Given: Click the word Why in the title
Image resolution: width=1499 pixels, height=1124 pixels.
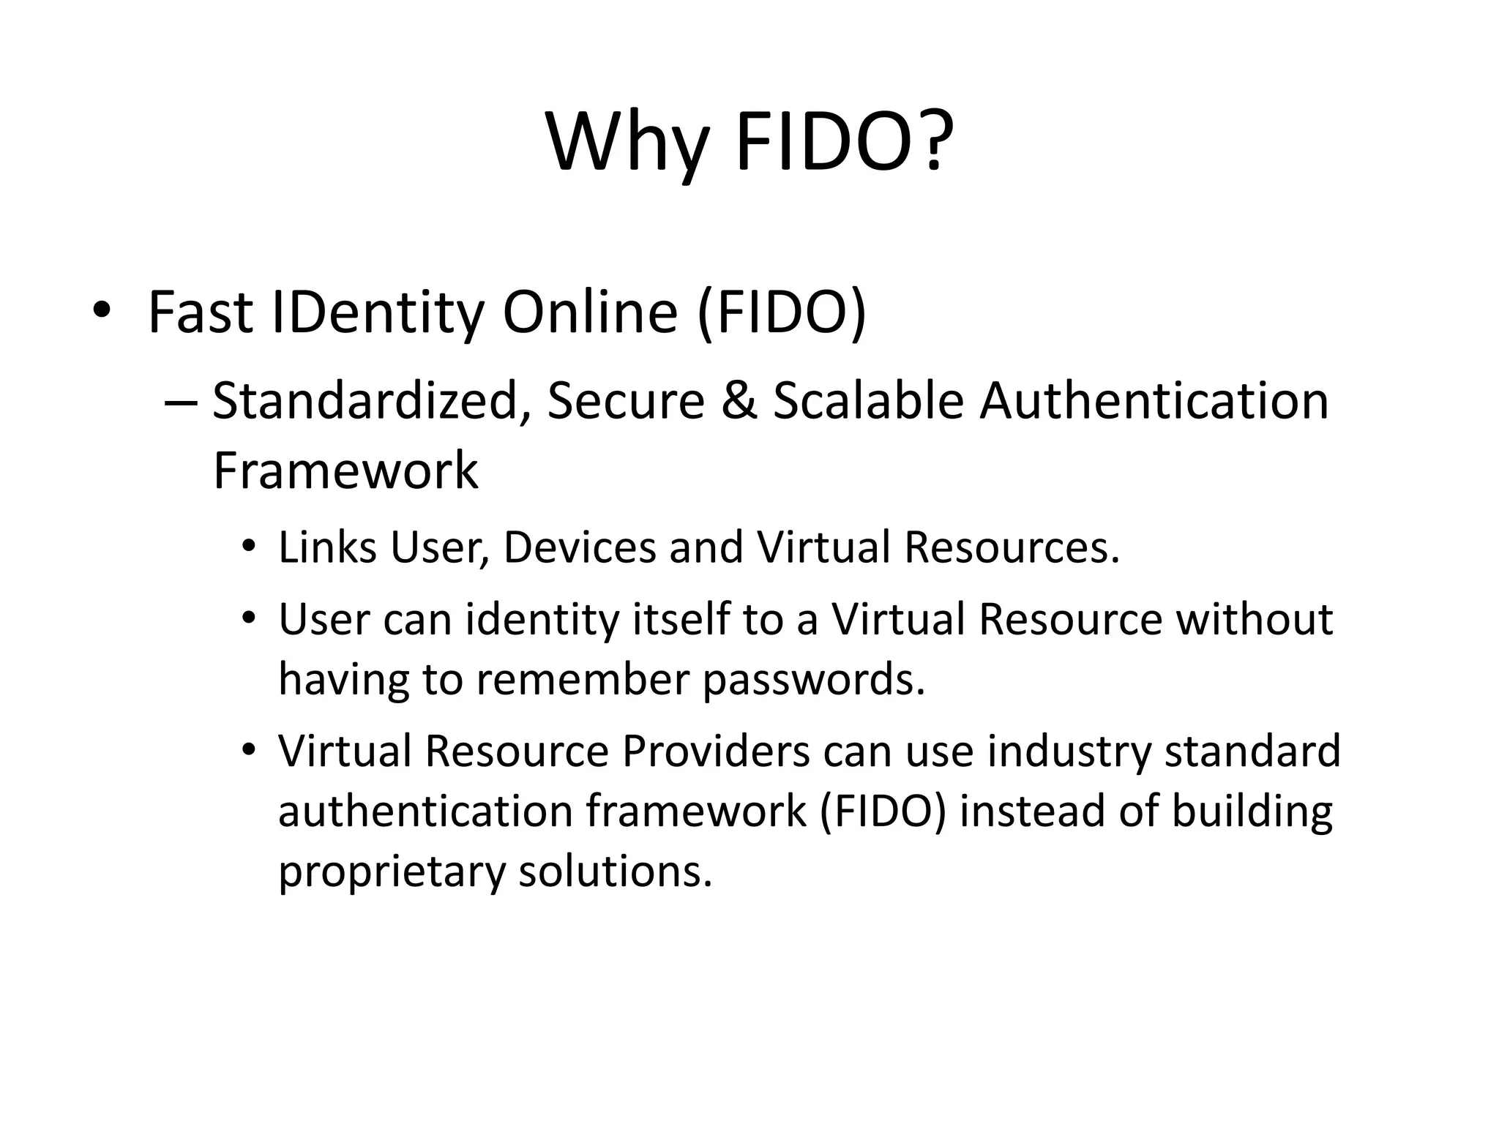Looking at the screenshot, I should [628, 143].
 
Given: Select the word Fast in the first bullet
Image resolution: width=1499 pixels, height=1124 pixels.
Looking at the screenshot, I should [200, 312].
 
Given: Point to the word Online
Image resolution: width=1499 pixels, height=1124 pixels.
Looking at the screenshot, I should [590, 312].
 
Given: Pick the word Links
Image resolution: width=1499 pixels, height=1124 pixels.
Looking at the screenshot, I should [326, 547].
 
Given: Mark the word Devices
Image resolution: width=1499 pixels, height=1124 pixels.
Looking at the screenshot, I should [580, 547].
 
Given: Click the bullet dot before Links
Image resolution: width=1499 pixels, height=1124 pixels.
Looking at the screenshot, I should [250, 547].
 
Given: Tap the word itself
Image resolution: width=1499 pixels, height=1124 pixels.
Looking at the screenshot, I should [681, 619].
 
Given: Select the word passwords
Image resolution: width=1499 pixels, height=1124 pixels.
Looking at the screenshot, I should [813, 680].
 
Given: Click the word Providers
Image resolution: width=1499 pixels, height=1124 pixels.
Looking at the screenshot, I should [716, 751].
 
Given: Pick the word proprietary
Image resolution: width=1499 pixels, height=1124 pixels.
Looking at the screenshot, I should [392, 872].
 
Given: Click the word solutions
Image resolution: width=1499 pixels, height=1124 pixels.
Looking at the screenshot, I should [615, 871].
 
